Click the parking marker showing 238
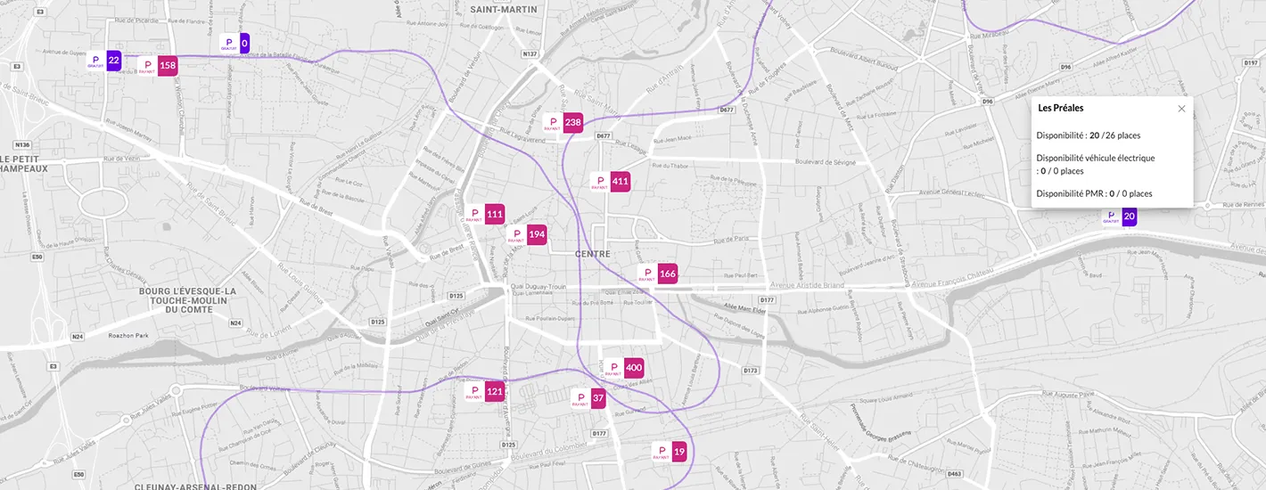point(563,123)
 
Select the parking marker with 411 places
point(611,182)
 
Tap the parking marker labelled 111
point(485,215)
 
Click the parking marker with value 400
point(624,368)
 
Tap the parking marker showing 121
point(486,392)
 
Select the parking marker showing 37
point(589,398)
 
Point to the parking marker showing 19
point(670,453)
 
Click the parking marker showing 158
point(158,65)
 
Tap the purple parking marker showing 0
point(235,43)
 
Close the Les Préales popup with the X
point(1181,109)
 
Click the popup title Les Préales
point(1061,108)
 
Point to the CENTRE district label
point(593,255)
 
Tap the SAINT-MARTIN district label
point(504,10)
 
